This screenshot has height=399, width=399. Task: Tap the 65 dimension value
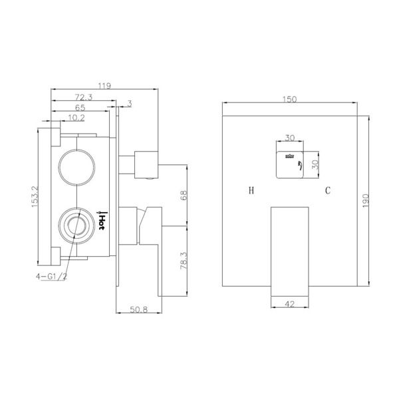coord(79,108)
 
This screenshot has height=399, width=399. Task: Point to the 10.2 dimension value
coord(76,118)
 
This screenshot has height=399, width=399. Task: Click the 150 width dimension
coord(289,98)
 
